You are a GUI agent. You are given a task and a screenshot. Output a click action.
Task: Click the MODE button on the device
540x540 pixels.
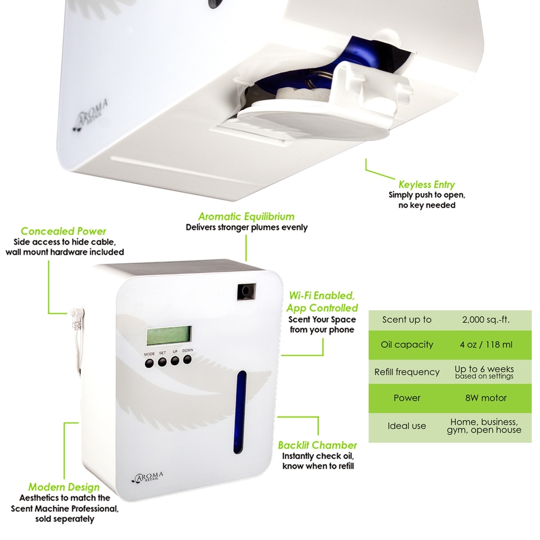(x=149, y=363)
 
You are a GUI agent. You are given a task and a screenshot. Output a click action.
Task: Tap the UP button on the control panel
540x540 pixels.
(x=175, y=360)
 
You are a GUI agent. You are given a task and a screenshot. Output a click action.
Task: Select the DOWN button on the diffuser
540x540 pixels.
(x=188, y=359)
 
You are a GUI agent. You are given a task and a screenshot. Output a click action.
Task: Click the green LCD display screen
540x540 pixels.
(x=169, y=336)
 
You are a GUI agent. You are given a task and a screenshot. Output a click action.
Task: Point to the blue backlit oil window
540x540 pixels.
(x=241, y=412)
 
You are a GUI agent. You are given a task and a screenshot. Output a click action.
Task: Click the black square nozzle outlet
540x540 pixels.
(x=246, y=291)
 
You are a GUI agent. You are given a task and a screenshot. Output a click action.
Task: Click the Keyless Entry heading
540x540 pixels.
(x=427, y=184)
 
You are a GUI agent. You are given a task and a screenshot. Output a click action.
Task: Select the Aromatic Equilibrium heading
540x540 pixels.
(x=247, y=216)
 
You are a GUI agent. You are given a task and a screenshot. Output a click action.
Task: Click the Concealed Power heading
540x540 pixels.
(x=63, y=231)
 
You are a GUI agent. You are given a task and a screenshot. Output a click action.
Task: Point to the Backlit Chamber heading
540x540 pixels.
(x=317, y=445)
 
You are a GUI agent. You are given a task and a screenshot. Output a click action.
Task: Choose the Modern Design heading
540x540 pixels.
(x=64, y=487)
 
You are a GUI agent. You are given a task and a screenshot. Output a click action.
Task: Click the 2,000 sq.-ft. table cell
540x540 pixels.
(x=486, y=320)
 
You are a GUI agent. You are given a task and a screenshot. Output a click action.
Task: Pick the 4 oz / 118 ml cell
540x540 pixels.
(x=486, y=345)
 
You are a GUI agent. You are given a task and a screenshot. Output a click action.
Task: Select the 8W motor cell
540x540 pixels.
(x=486, y=398)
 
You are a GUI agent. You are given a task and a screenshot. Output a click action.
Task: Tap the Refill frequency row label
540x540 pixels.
(x=407, y=372)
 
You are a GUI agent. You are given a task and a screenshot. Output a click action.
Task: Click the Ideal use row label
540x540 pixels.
(x=407, y=426)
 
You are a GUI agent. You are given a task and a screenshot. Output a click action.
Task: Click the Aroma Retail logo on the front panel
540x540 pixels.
(x=150, y=477)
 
